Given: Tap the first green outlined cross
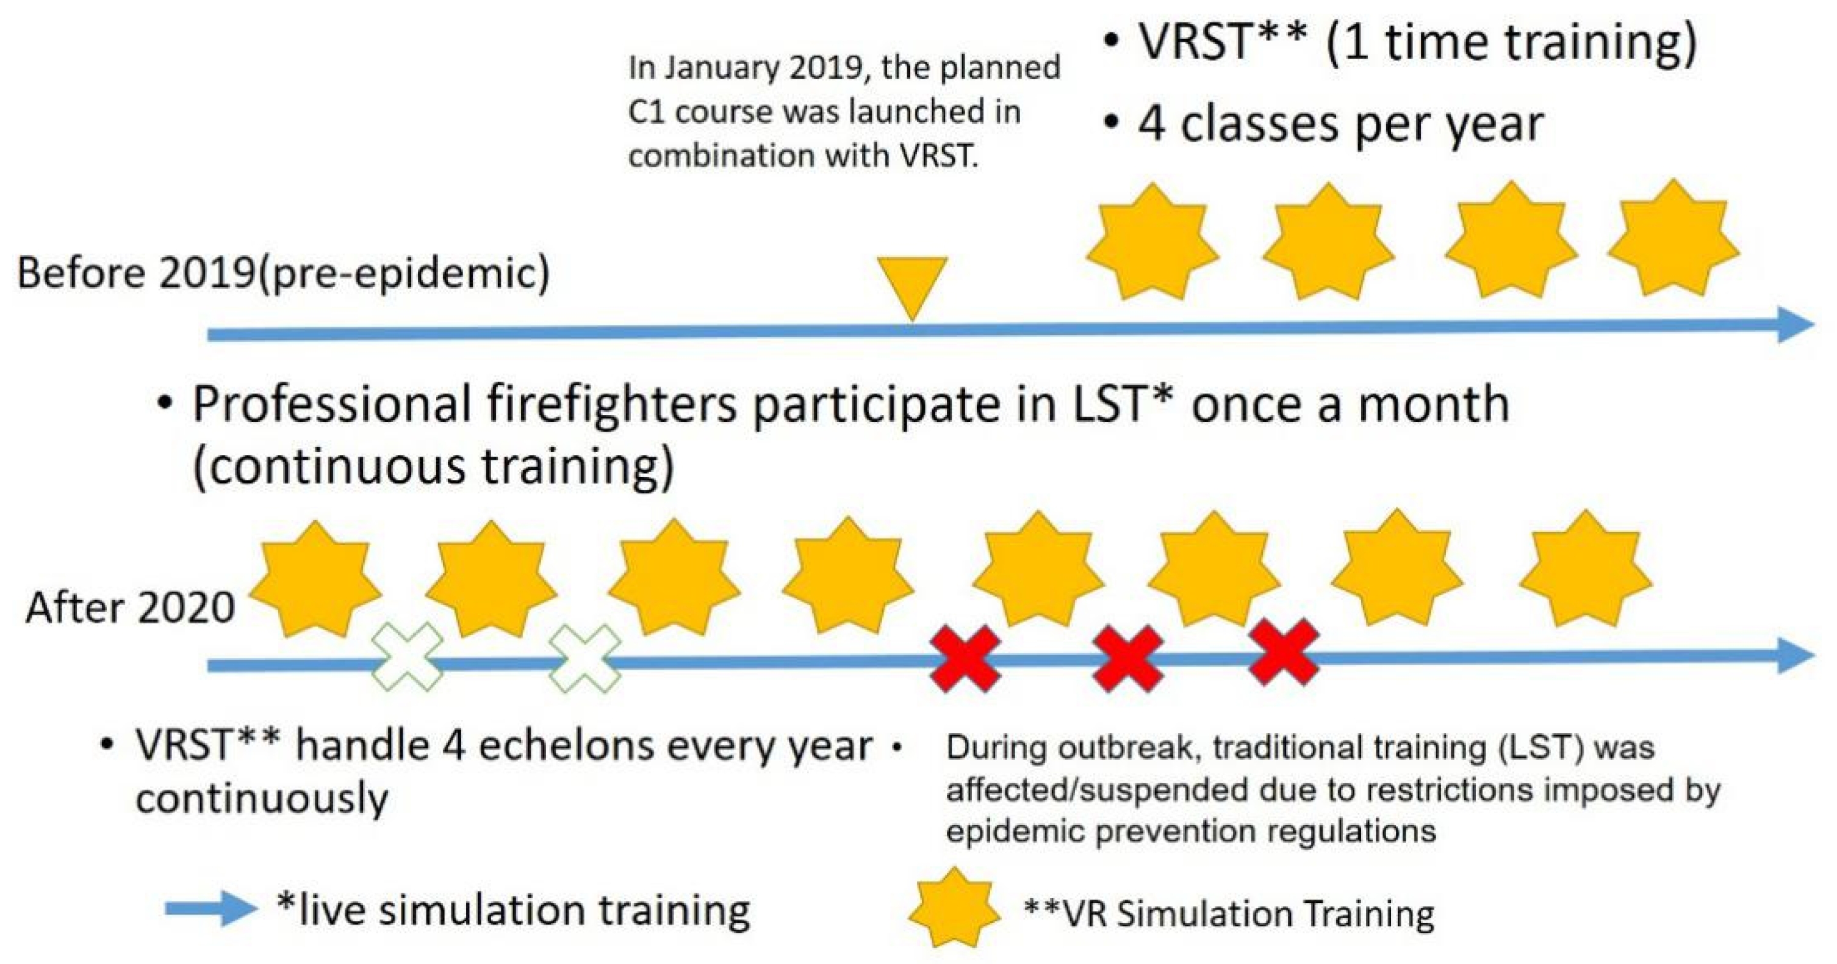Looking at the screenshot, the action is pyautogui.click(x=408, y=656).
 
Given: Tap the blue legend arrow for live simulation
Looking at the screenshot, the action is pyautogui.click(x=211, y=908).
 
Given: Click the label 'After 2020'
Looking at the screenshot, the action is pyautogui.click(x=130, y=609).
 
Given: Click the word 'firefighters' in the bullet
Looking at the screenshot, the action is pyautogui.click(x=612, y=405).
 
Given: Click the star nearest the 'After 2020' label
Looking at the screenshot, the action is pyautogui.click(x=314, y=579).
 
